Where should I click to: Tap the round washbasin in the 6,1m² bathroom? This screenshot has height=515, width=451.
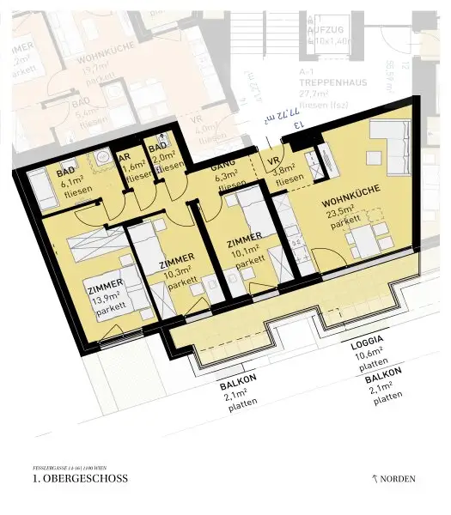(101, 158)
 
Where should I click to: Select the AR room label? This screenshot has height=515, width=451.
(125, 158)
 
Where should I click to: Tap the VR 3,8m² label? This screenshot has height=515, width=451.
(277, 161)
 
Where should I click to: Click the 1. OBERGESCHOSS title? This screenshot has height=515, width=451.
(79, 478)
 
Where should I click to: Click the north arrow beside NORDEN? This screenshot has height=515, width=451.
(375, 477)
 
